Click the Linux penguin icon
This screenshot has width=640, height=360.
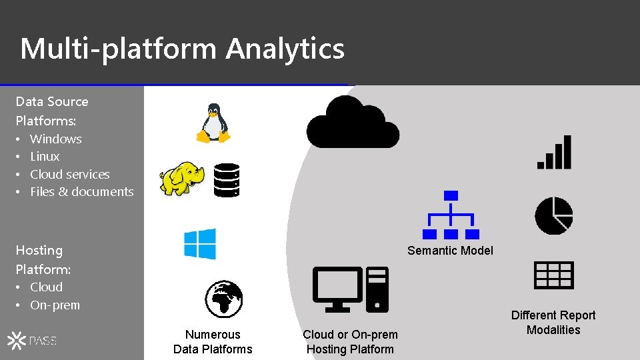[x=213, y=123]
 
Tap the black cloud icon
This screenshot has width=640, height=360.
[x=352, y=123]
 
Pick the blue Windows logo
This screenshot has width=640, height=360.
[x=200, y=244]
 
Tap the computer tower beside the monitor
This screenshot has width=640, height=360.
[x=377, y=289]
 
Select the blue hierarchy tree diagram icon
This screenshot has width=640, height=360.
[x=451, y=215]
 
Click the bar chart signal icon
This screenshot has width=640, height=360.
[x=555, y=152]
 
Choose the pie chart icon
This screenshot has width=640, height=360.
[x=553, y=215]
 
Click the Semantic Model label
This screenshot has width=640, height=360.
[x=450, y=251]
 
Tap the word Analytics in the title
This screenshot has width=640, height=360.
[x=285, y=49]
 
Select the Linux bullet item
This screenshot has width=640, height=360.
[x=45, y=157]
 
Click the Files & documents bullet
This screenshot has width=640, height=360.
[x=81, y=192]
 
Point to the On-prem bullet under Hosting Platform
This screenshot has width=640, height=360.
[x=55, y=305]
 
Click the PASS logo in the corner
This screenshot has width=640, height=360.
[x=32, y=341]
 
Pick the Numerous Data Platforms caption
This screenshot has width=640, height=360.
[x=213, y=342]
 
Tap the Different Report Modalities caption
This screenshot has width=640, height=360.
[x=553, y=323]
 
